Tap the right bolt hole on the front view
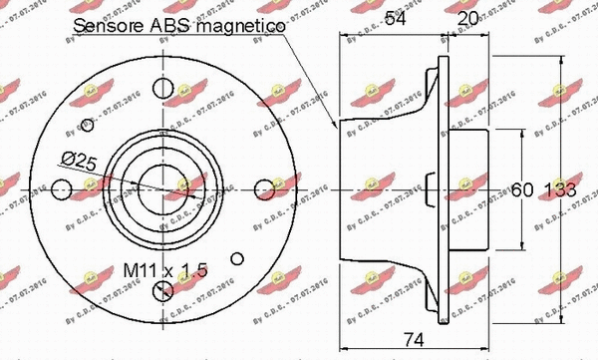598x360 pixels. (x=264, y=186)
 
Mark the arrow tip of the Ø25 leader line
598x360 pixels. (x=141, y=183)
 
